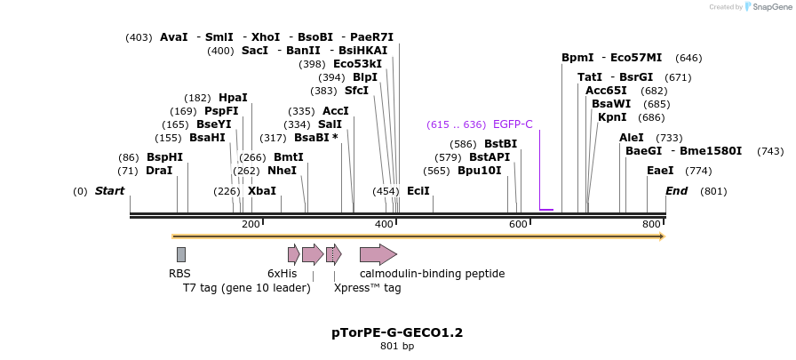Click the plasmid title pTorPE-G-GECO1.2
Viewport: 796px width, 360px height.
pos(397,332)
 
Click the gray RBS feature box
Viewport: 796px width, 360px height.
pos(181,254)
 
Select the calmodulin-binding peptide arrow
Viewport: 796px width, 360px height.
pos(378,254)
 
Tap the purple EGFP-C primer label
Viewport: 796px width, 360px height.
pos(513,124)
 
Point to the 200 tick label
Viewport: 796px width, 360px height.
pos(251,225)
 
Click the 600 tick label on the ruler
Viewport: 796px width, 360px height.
pos(519,225)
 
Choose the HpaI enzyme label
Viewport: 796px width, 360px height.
pos(233,98)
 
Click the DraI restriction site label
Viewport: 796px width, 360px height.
pos(159,171)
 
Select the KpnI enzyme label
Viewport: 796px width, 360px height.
pos(612,117)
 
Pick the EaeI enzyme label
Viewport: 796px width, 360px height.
pos(660,171)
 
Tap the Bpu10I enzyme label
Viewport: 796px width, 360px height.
pos(480,171)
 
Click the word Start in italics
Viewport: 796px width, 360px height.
pos(109,191)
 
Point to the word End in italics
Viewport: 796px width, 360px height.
pos(676,191)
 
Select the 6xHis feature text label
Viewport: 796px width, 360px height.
pos(283,274)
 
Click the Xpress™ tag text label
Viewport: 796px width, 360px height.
pos(367,288)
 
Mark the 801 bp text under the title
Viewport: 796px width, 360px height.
pos(397,347)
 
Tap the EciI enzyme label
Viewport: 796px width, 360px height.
pos(418,191)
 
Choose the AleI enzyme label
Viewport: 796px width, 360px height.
pos(632,138)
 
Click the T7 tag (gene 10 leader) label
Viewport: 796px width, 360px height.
pos(247,288)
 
